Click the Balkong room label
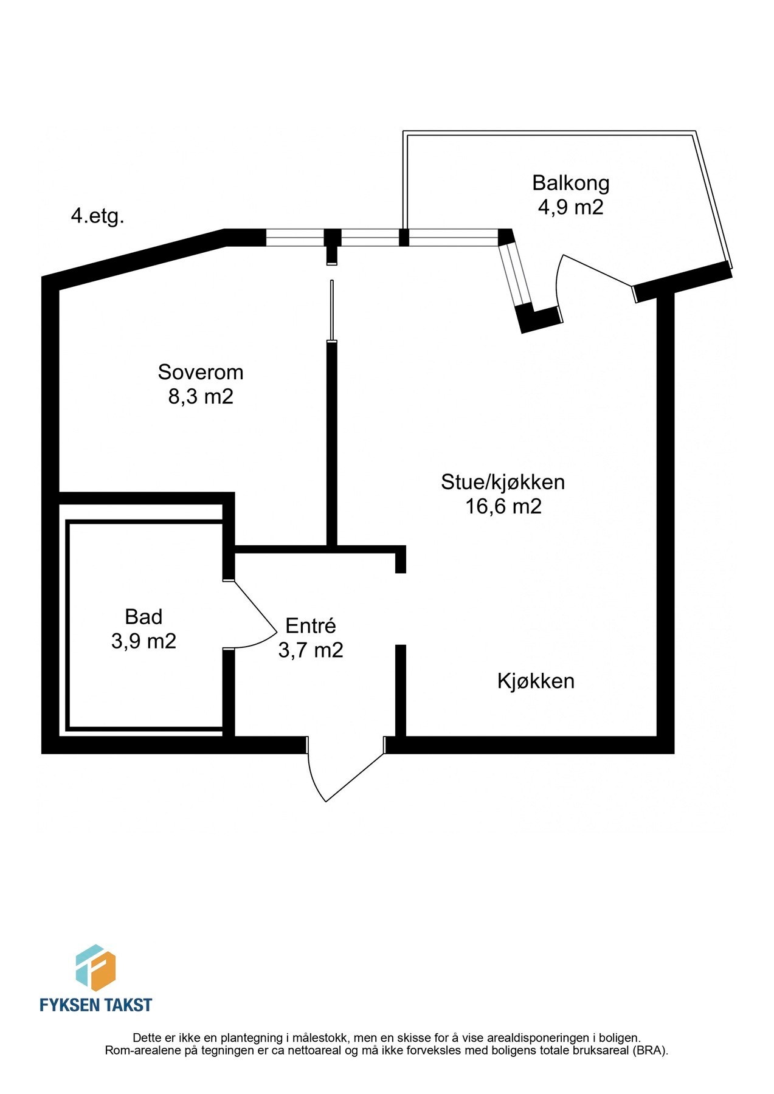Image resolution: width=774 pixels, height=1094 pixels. pyautogui.click(x=570, y=183)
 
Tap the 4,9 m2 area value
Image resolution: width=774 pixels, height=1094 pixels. pyautogui.click(x=570, y=207)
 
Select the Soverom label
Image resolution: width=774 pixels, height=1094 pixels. pyautogui.click(x=201, y=372)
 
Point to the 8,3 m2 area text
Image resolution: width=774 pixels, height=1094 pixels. pyautogui.click(x=201, y=397)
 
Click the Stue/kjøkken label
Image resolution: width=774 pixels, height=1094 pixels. pyautogui.click(x=503, y=482)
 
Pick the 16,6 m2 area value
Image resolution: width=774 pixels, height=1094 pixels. pyautogui.click(x=503, y=506)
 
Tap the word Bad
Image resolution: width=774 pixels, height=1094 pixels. pyautogui.click(x=143, y=617)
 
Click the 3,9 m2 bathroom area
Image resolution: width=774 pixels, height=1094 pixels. pyautogui.click(x=143, y=641)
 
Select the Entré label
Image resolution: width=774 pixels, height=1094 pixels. pyautogui.click(x=311, y=626)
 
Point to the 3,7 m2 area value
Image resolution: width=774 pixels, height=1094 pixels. pyautogui.click(x=311, y=650)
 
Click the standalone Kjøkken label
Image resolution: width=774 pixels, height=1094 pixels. pyautogui.click(x=536, y=681)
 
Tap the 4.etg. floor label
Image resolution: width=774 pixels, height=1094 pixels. pyautogui.click(x=98, y=216)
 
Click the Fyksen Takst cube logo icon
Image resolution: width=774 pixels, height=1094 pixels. pyautogui.click(x=95, y=968)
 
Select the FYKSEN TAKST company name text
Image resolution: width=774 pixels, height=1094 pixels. pyautogui.click(x=95, y=1005)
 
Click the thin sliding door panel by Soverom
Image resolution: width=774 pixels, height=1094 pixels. pyautogui.click(x=331, y=310)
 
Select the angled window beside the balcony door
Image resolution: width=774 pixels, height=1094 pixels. pyautogui.click(x=516, y=274)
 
